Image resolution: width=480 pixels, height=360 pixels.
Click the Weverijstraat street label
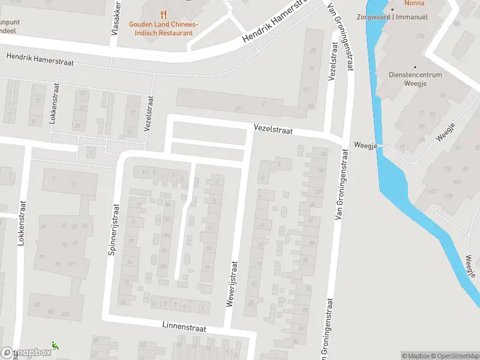tap(232, 284)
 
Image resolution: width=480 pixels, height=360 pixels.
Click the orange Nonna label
tap(415, 3)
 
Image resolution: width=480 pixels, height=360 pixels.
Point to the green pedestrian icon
tap(55, 345)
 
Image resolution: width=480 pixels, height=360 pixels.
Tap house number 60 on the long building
tap(238, 108)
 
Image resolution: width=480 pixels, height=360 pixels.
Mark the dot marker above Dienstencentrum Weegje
tap(414, 67)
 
